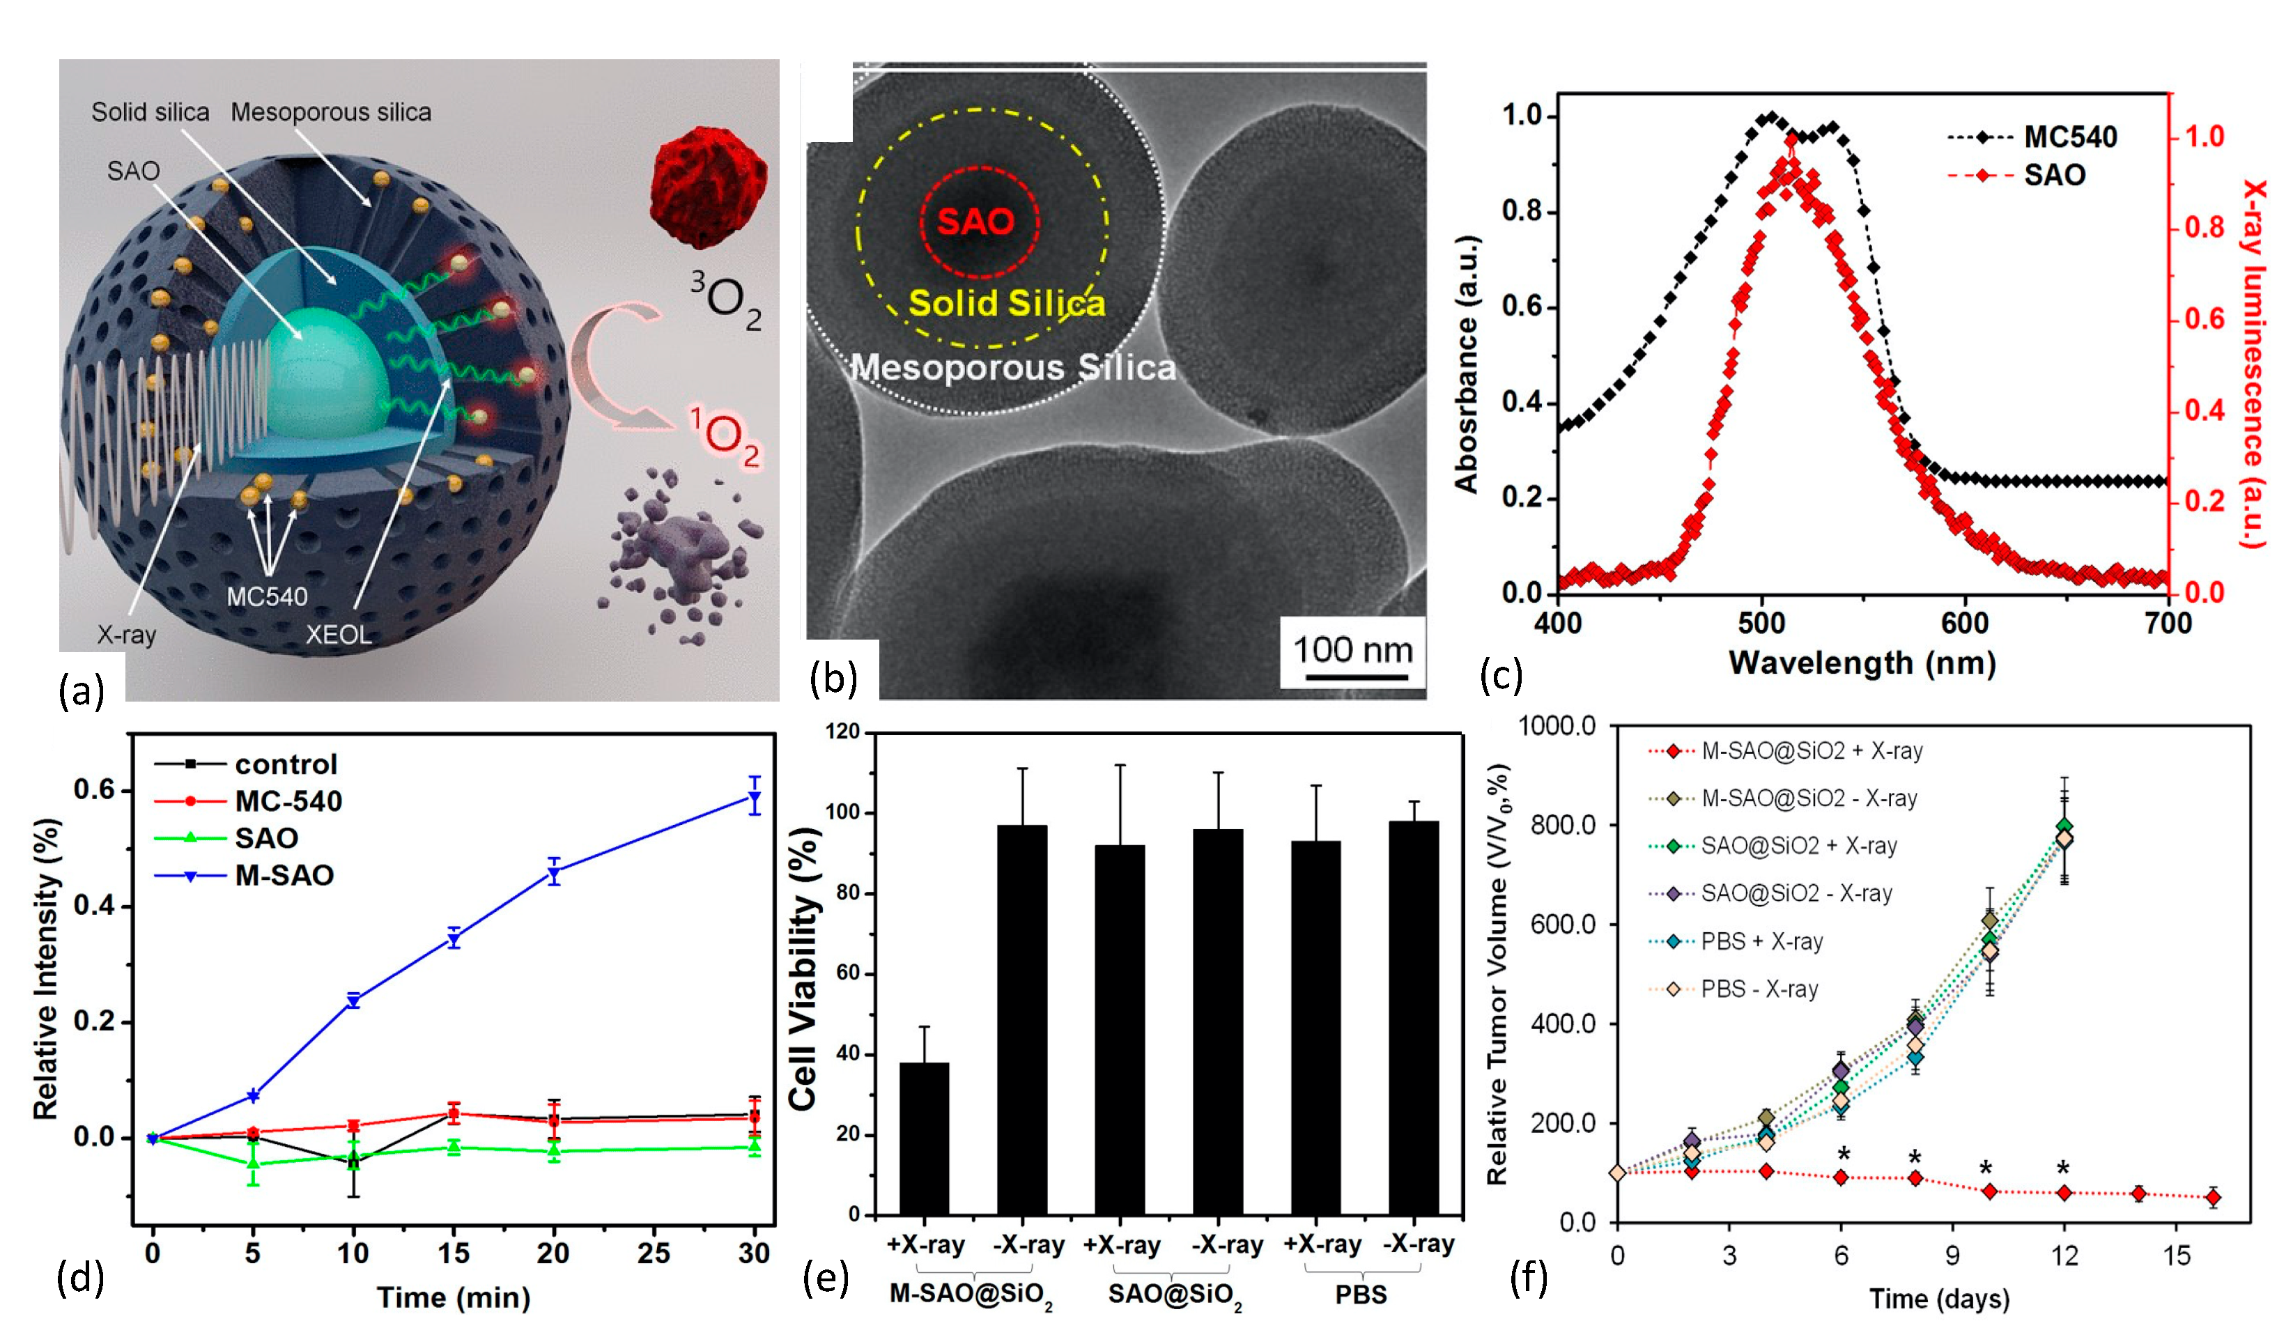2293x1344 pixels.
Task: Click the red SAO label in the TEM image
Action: click(975, 221)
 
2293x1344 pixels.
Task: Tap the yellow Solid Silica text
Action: click(1006, 303)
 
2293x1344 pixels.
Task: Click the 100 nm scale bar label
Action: click(1352, 650)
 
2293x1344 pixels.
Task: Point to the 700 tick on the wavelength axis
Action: click(2168, 624)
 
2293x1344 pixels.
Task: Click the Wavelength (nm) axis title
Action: click(1862, 663)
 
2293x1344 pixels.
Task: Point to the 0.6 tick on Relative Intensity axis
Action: click(95, 790)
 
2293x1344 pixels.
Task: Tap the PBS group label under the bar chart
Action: click(1360, 1294)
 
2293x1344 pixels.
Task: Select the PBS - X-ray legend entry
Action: click(1759, 989)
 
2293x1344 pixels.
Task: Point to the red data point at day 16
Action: click(2213, 1198)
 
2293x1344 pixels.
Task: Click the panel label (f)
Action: click(1528, 1278)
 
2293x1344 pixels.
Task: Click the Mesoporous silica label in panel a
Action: click(331, 112)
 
